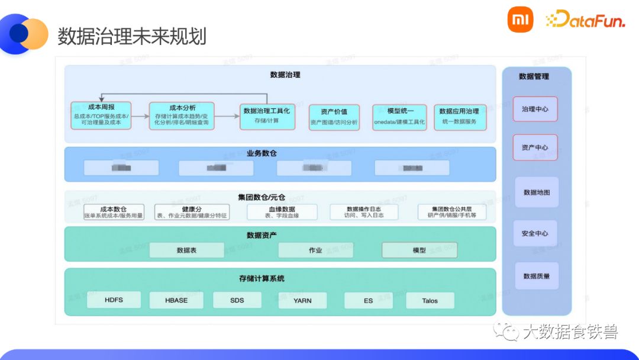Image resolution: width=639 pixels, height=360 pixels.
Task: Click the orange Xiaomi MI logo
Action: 520,20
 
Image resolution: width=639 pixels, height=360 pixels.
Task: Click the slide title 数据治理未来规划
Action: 132,36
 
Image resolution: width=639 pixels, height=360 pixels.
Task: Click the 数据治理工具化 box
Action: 266,115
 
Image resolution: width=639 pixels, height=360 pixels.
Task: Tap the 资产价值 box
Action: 334,117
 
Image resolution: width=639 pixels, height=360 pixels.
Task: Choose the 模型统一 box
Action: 400,117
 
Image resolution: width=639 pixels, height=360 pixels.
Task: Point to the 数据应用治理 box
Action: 460,117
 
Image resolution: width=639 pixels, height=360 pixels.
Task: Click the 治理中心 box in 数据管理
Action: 535,110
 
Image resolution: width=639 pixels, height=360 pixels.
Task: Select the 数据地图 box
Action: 536,192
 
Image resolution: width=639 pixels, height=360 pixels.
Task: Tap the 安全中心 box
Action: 535,233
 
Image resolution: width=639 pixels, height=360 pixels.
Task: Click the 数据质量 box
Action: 536,276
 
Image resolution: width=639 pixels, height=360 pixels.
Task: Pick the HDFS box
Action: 114,300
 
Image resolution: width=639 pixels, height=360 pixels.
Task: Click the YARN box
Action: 302,300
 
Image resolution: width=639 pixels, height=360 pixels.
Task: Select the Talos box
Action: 430,301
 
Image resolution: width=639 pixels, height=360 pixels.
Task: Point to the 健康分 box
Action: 192,212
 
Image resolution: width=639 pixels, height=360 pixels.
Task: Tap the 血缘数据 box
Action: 282,212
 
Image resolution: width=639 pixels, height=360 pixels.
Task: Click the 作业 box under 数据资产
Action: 315,250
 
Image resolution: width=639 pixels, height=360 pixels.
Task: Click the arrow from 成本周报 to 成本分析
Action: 140,116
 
